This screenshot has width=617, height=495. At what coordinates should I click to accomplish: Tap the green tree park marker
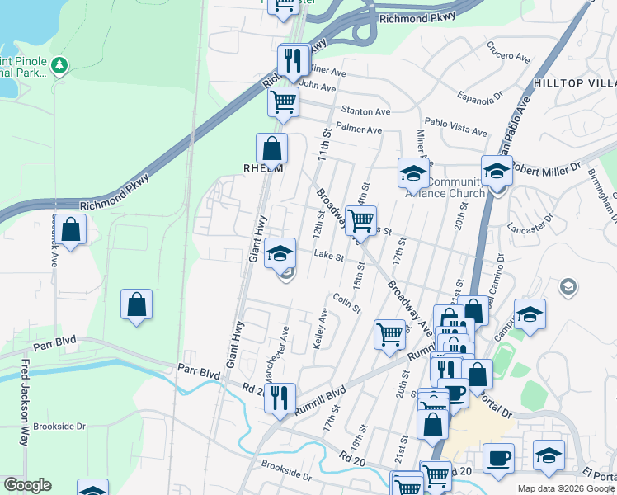click(x=59, y=65)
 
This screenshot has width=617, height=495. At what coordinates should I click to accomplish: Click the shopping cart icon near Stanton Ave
click(x=283, y=102)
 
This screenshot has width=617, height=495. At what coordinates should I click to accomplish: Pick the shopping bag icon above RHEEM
click(x=271, y=148)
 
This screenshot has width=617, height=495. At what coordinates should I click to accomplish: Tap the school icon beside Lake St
click(x=280, y=253)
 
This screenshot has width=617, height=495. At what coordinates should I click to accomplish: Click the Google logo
click(x=27, y=485)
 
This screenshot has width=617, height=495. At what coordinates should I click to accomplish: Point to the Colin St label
click(x=348, y=304)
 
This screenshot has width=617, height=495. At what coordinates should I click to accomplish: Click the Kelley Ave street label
click(x=320, y=328)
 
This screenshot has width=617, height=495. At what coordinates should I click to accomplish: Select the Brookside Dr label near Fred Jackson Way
click(x=59, y=427)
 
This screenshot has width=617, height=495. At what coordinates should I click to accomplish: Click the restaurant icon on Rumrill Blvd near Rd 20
click(x=280, y=399)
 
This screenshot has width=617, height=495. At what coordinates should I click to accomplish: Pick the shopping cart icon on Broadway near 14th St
click(x=360, y=220)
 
